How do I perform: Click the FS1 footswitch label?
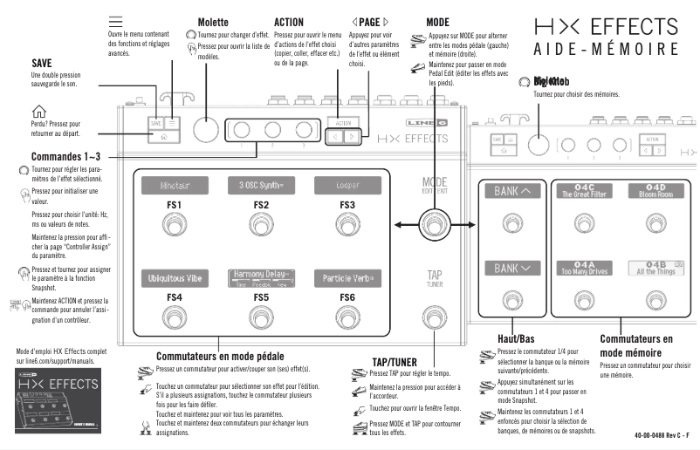174,205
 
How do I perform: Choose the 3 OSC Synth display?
261,185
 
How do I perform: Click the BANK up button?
506,191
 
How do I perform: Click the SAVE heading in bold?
41,64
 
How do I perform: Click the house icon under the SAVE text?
38,110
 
